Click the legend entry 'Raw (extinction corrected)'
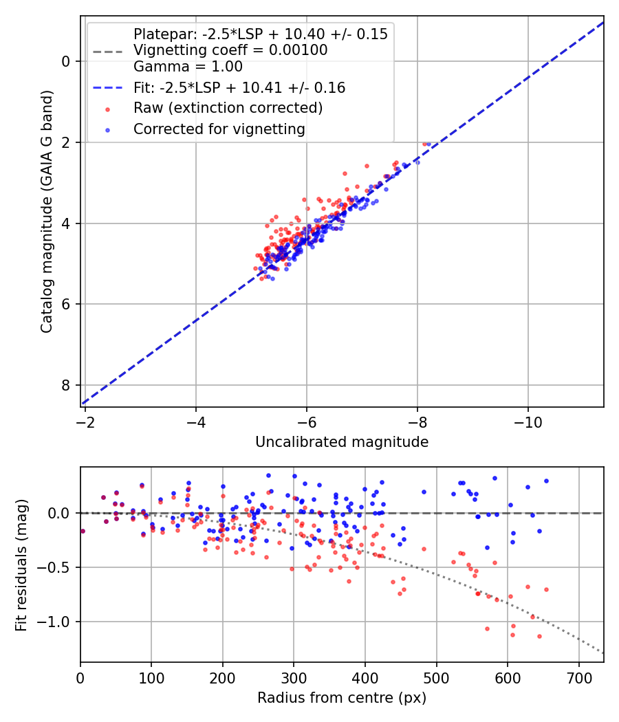[228, 108]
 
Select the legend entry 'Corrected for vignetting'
[219, 129]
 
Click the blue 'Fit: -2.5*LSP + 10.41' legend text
[239, 88]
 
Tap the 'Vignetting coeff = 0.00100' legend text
[230, 50]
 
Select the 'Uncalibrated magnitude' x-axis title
[342, 442]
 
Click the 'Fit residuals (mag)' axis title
[21, 565]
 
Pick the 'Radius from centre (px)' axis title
[342, 698]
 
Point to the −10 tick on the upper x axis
[528, 419]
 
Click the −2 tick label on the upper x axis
[85, 419]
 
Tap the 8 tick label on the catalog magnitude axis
[66, 385]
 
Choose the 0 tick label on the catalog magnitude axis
[66, 61]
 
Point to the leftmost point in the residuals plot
[83, 531]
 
